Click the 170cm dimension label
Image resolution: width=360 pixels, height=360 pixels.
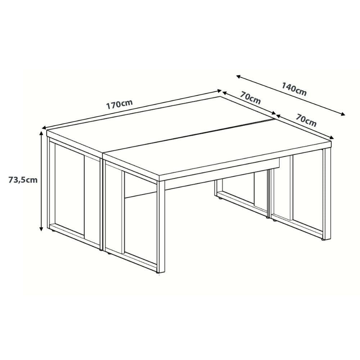point(119,104)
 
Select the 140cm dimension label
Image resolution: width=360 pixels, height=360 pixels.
point(294,89)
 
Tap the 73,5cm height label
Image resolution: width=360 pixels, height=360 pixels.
point(23,180)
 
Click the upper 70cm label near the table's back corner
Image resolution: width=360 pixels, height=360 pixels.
point(251,98)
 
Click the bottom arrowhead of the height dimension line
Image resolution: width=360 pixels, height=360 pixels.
point(41,229)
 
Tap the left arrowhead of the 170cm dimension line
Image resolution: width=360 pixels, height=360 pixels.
point(44,128)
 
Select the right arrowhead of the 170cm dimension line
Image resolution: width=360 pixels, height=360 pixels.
point(220,91)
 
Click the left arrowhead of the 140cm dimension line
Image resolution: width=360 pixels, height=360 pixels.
point(239,76)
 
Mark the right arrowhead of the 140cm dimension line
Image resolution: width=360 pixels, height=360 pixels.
point(343,114)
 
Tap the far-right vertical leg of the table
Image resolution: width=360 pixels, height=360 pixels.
point(327,194)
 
